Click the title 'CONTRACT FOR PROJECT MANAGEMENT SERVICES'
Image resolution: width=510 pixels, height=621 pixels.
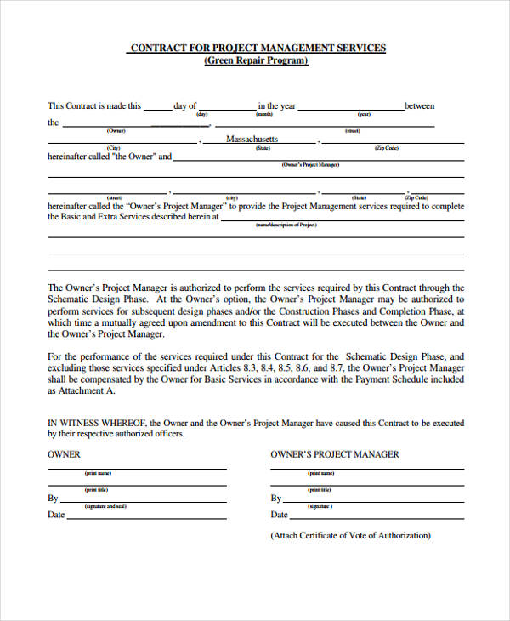click(x=256, y=48)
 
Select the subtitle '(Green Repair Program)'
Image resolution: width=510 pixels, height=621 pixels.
click(x=256, y=61)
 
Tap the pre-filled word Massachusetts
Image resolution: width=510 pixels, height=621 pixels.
click(x=252, y=139)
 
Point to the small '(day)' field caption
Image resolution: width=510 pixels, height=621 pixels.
click(x=202, y=114)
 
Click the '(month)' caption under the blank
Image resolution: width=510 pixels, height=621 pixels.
click(x=264, y=114)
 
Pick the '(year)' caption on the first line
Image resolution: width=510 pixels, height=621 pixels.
click(x=364, y=114)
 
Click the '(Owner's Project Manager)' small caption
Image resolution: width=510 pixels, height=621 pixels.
click(x=310, y=163)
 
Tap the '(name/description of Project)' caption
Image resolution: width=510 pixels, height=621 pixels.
click(x=286, y=224)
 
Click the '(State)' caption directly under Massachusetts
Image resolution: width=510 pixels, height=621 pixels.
click(x=263, y=147)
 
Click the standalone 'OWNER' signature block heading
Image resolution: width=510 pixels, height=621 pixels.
click(x=65, y=454)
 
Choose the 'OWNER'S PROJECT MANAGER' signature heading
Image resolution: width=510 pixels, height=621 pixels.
click(x=334, y=454)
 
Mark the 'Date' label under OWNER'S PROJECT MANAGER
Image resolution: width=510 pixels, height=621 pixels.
click(x=279, y=515)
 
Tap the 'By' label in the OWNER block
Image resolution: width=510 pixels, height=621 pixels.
click(x=53, y=499)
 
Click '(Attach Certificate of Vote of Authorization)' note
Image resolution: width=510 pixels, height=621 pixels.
click(x=350, y=536)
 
